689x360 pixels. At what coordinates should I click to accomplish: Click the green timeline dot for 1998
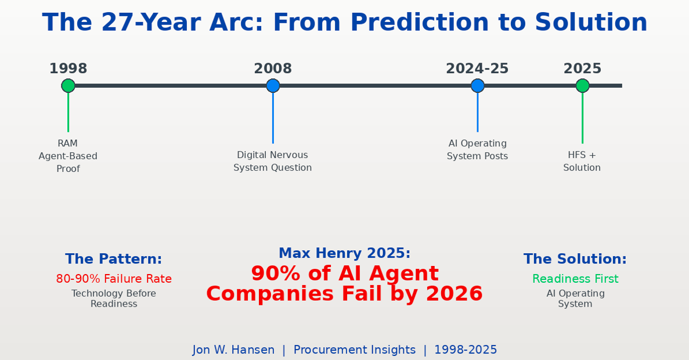(68, 85)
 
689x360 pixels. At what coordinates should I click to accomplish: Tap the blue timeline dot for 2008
(273, 85)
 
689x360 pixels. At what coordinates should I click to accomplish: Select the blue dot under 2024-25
(478, 85)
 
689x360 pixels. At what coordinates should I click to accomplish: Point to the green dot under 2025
(583, 85)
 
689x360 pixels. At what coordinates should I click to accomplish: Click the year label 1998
(68, 69)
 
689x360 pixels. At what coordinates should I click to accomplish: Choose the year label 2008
(273, 69)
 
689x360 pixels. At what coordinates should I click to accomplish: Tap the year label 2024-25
(477, 69)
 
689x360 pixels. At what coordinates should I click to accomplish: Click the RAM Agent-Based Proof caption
(68, 156)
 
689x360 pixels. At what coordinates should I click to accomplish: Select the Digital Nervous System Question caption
(272, 161)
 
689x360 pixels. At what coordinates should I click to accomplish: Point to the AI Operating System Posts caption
(478, 150)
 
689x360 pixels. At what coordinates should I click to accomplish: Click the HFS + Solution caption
(582, 161)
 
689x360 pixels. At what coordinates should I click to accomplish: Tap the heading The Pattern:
(113, 259)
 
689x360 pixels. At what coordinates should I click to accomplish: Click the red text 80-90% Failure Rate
(114, 279)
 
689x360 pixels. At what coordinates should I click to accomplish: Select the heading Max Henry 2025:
(345, 253)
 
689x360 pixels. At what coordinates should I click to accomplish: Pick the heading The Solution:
(575, 259)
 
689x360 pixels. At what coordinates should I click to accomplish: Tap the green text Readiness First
(575, 279)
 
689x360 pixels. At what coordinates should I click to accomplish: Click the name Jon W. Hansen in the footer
(233, 350)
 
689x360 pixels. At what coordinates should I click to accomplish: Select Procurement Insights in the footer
(355, 350)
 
